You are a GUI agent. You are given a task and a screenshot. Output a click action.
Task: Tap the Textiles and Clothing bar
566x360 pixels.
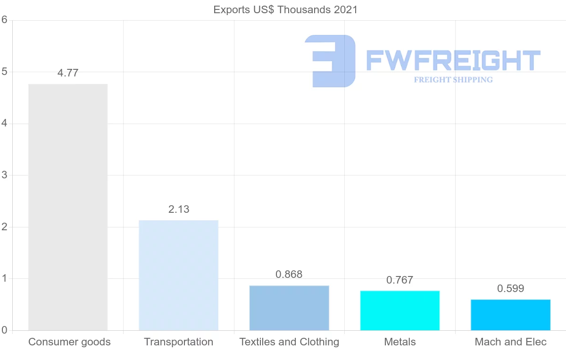[289, 308]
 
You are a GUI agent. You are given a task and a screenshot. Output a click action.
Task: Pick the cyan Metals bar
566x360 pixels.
[400, 310]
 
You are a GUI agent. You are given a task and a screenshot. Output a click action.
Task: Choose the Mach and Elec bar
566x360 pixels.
[510, 315]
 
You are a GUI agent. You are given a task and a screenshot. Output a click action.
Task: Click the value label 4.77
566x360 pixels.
[68, 73]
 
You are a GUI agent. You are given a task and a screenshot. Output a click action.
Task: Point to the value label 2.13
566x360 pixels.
[179, 209]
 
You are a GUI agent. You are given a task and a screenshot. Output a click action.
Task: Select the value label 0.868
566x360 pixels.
[289, 275]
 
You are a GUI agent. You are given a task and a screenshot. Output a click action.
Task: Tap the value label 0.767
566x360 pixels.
[400, 280]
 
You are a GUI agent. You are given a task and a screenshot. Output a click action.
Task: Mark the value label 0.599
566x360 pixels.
[510, 289]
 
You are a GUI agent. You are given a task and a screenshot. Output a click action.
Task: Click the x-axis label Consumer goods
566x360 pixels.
[69, 342]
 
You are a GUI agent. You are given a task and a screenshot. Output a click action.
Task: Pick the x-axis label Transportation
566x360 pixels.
[178, 342]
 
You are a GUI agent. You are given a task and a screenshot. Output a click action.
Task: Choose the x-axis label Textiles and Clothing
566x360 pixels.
[289, 342]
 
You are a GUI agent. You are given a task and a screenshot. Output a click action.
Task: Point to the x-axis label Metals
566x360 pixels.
[400, 342]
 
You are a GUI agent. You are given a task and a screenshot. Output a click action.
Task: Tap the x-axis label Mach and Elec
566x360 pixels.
[510, 342]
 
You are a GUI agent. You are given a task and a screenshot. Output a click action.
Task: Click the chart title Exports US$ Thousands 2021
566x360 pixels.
[285, 10]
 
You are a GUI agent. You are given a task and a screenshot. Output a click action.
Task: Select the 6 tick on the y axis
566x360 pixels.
[4, 20]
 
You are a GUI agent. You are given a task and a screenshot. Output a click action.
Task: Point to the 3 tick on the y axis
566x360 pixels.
[4, 175]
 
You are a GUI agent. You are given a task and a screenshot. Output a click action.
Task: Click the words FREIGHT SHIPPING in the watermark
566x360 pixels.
[453, 80]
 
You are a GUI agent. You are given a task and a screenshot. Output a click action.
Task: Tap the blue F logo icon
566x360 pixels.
[331, 61]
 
